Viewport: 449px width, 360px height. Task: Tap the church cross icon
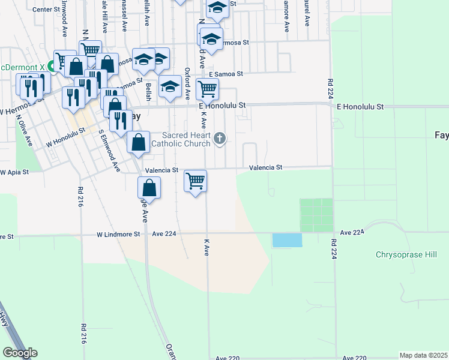[x=220, y=139]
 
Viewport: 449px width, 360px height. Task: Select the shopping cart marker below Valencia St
[x=195, y=180]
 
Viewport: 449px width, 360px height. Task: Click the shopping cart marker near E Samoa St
[x=207, y=89]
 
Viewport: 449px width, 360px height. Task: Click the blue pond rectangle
[x=287, y=240]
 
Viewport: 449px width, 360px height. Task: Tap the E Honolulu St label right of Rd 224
[x=359, y=107]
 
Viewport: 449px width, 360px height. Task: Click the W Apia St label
[x=14, y=172]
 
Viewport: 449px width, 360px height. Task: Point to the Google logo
[x=20, y=352]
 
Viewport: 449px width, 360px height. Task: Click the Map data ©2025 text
[x=423, y=355]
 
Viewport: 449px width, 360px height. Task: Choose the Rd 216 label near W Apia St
[x=80, y=197]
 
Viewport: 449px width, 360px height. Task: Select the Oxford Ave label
[x=187, y=83]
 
